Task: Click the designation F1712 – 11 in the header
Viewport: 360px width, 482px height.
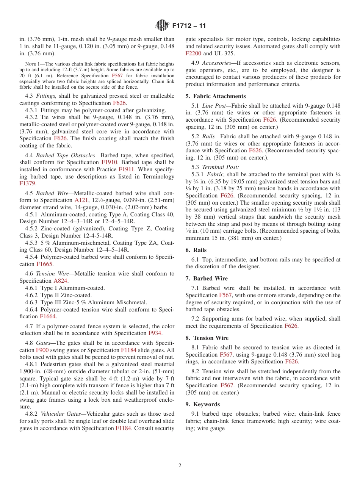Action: click(189, 26)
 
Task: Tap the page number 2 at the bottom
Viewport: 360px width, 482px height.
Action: click(180, 466)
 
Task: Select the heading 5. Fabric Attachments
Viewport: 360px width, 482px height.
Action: click(215, 96)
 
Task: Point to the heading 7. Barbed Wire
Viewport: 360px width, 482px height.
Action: click(207, 279)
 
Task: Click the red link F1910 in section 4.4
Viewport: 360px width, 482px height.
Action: click(110, 163)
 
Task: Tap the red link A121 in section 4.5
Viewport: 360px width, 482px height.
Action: click(81, 200)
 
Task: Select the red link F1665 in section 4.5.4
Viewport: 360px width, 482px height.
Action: click(45, 264)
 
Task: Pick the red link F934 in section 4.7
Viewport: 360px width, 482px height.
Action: click(155, 333)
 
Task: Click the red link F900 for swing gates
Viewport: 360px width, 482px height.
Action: click(42, 350)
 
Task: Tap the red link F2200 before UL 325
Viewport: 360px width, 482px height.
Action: click(193, 53)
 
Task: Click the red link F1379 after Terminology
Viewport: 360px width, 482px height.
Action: click(27, 183)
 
